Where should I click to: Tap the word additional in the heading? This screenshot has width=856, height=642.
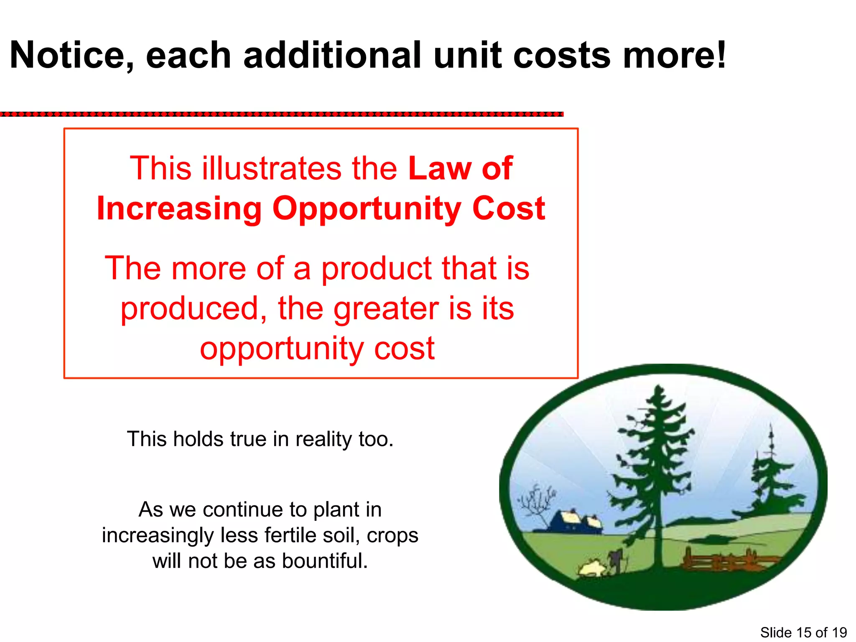click(332, 56)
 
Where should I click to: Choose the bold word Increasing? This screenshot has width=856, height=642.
click(179, 209)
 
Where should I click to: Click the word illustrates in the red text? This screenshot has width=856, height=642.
click(272, 168)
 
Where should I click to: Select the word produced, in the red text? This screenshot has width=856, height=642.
click(194, 308)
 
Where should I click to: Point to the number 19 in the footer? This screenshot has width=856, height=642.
click(839, 632)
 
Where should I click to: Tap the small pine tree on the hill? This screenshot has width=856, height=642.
click(771, 481)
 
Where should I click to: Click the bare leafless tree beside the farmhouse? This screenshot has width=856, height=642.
click(536, 502)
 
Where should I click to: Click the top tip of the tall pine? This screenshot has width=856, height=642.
click(660, 388)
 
